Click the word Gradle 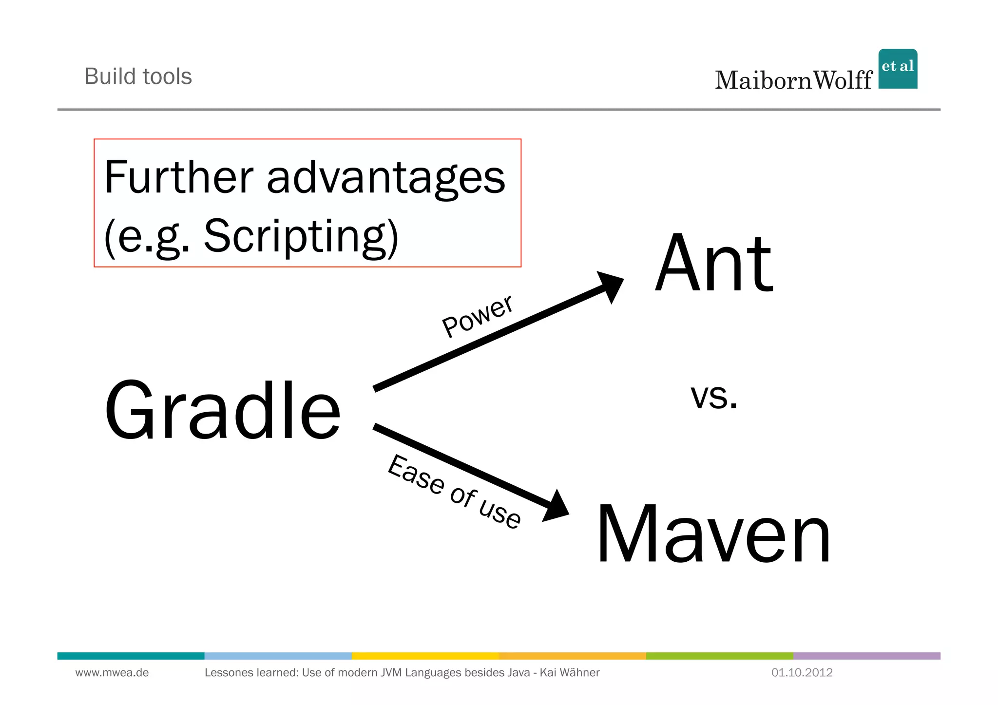[x=223, y=410]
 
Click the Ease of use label [x=454, y=491]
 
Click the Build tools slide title [x=138, y=76]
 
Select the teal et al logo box [x=898, y=69]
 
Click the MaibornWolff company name [x=793, y=80]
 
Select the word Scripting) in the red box [x=301, y=237]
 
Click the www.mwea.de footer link [x=112, y=673]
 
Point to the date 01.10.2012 [x=802, y=673]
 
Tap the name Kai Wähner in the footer [x=570, y=673]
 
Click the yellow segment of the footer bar [x=425, y=656]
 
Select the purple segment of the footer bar [x=866, y=656]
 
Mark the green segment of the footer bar [x=719, y=656]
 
